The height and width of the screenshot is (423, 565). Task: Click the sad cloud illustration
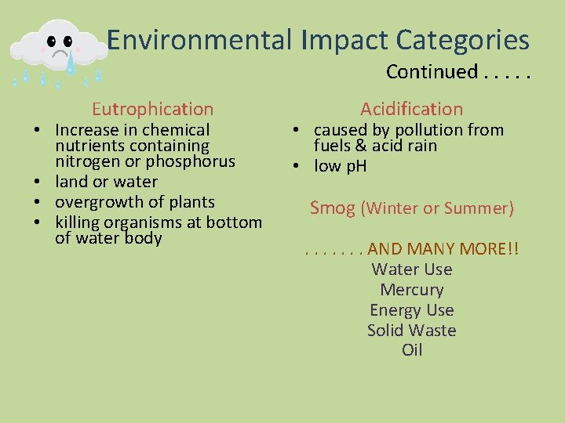click(x=59, y=49)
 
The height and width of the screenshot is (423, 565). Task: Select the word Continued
click(x=431, y=72)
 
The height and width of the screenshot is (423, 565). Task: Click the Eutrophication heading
click(x=152, y=109)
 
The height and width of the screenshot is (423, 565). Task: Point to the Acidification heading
click(x=411, y=109)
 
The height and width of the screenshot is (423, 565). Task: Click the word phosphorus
click(x=195, y=161)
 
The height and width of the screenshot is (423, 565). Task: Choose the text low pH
click(x=340, y=166)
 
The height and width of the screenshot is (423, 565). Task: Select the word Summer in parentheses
click(x=479, y=208)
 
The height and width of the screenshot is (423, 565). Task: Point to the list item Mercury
click(x=411, y=290)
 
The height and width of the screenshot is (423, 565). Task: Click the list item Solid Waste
click(x=411, y=331)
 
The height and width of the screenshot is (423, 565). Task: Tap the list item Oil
click(x=411, y=350)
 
